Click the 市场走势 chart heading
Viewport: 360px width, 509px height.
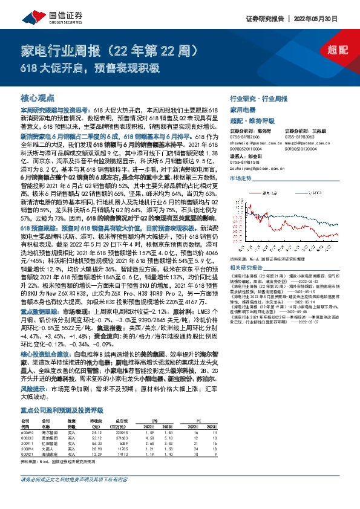point(240,179)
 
